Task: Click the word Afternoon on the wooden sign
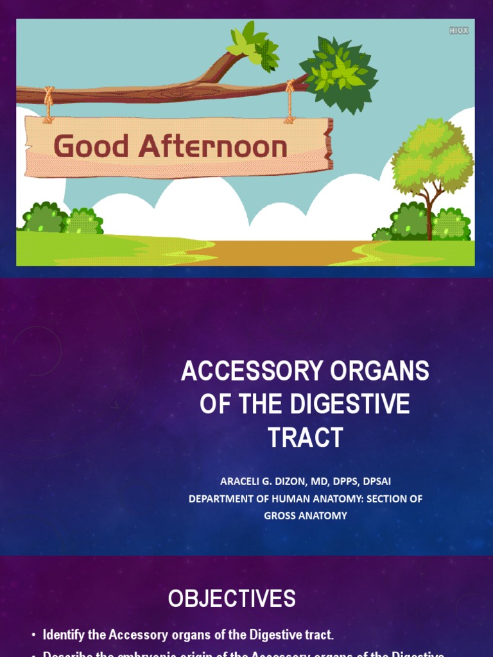pyautogui.click(x=212, y=146)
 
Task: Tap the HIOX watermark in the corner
pyautogui.click(x=458, y=30)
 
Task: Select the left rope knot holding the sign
pyautogui.click(x=49, y=96)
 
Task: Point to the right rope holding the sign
pyautogui.click(x=290, y=103)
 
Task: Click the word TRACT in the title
pyautogui.click(x=305, y=438)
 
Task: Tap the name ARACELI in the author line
pyautogui.click(x=243, y=481)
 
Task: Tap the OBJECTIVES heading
pyautogui.click(x=232, y=599)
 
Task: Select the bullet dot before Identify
pyautogui.click(x=33, y=636)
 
